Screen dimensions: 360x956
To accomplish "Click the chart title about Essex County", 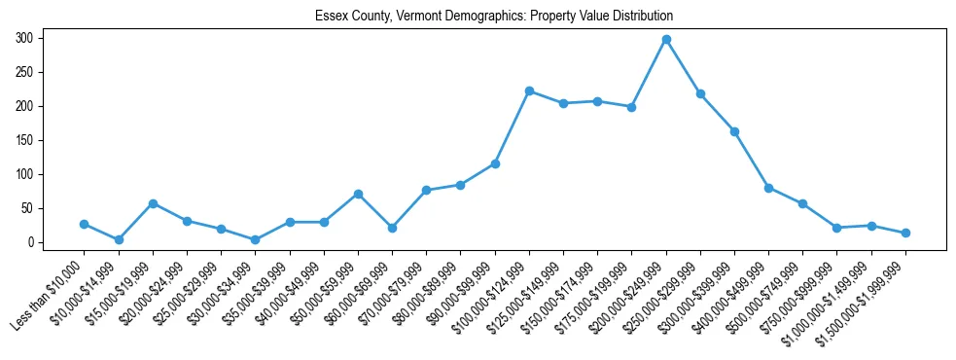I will [x=494, y=17].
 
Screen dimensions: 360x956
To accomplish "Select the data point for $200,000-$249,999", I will [x=666, y=39].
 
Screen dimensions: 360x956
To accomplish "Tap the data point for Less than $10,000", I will [x=85, y=224].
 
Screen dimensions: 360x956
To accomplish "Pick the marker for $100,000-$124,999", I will [x=529, y=90].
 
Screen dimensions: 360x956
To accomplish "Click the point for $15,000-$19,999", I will [x=153, y=203].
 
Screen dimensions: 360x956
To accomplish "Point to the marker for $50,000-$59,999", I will [x=358, y=194].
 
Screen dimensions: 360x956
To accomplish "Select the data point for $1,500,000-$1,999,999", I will [x=905, y=233].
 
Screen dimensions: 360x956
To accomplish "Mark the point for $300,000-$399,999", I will [x=734, y=131].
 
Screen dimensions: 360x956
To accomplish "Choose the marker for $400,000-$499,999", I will [x=768, y=188].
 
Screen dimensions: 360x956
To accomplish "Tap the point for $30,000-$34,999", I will [x=255, y=239].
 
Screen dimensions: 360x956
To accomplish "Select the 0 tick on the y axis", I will [x=31, y=242].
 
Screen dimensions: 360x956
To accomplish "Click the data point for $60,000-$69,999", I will [x=392, y=228].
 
